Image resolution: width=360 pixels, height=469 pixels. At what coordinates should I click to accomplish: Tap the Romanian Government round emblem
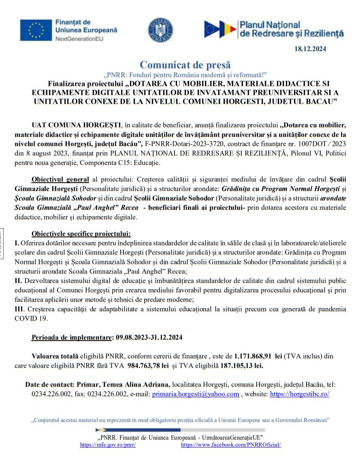coord(161,30)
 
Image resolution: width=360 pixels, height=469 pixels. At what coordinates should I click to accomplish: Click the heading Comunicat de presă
coord(185,64)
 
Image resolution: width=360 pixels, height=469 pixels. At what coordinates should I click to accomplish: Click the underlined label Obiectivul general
coord(60,179)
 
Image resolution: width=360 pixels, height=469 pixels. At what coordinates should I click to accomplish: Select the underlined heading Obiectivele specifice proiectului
coord(81,234)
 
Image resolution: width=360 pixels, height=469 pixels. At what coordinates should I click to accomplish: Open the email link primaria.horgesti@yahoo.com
coord(195,394)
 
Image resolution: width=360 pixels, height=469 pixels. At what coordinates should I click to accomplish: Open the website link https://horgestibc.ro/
coord(299,394)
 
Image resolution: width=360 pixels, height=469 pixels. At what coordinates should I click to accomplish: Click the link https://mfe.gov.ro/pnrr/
coord(108,445)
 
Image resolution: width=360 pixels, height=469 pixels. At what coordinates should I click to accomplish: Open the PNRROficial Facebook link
coord(231,445)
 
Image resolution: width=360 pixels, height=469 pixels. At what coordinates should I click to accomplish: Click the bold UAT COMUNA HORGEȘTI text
coord(77,124)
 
